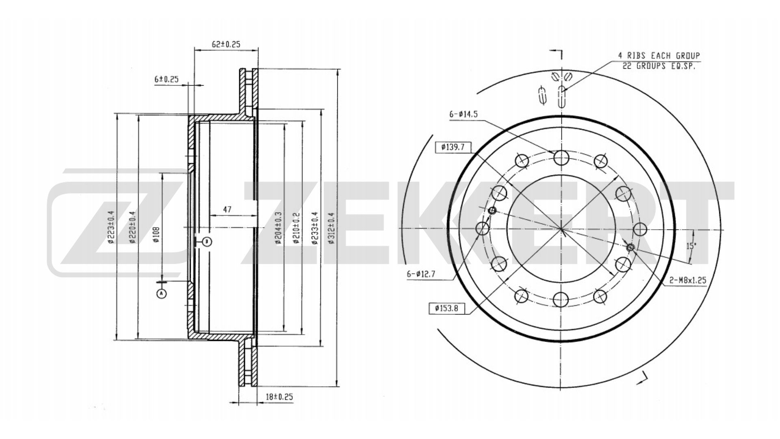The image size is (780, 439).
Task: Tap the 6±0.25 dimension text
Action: [167, 80]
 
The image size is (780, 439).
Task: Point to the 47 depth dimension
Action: [227, 210]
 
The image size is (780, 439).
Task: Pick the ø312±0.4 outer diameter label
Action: [331, 228]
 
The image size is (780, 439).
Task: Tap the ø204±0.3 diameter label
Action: [278, 228]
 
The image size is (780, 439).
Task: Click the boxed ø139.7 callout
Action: [453, 147]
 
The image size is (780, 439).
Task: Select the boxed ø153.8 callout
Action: [446, 309]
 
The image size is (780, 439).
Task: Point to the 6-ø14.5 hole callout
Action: [463, 115]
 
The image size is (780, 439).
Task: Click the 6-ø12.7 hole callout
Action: [421, 274]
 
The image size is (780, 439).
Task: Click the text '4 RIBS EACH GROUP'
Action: [659, 56]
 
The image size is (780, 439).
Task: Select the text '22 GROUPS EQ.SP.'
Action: [659, 66]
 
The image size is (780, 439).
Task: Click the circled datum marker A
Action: [162, 293]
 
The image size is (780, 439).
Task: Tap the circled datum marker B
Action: [207, 242]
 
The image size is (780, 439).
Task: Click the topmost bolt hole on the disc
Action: [561, 157]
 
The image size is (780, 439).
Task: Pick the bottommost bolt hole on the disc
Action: [561, 300]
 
